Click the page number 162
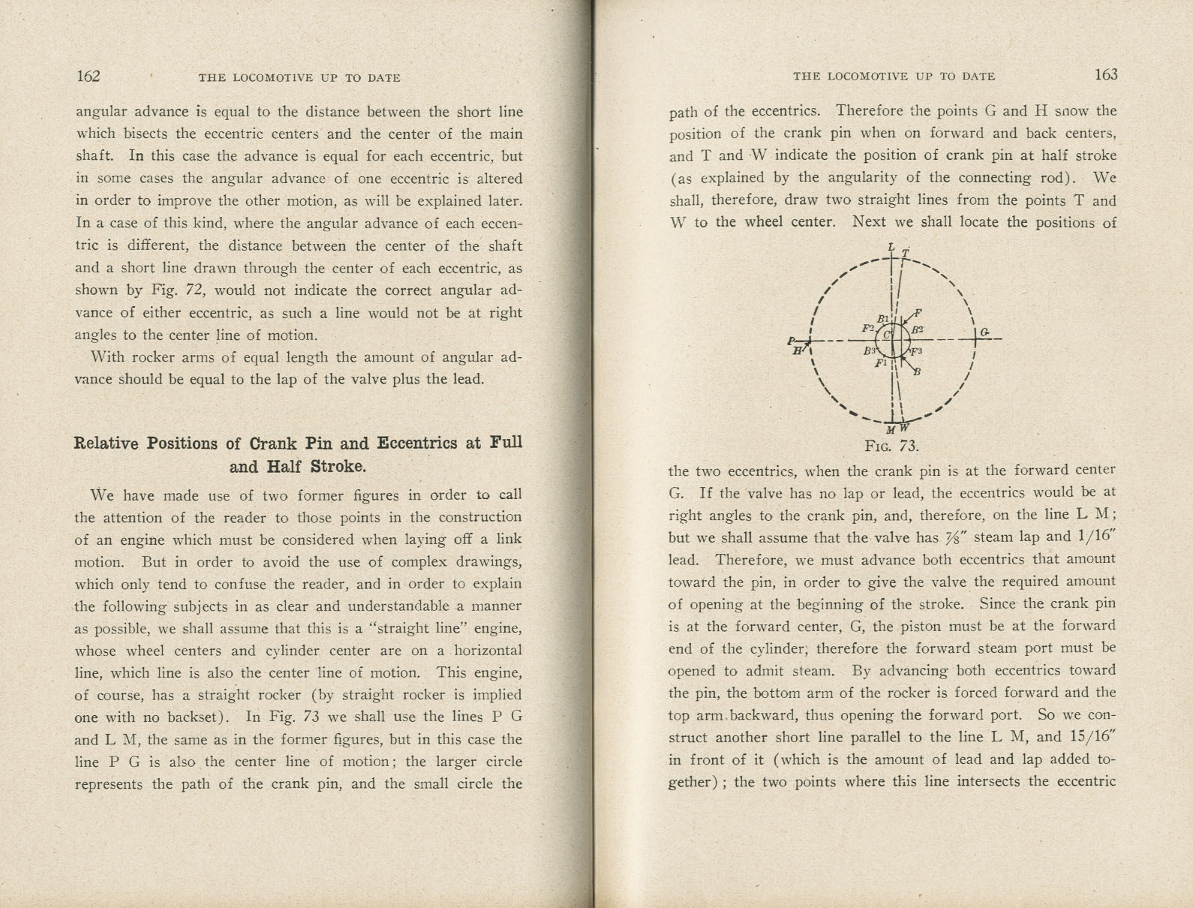tap(88, 77)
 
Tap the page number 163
tap(1105, 74)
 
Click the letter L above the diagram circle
tap(891, 247)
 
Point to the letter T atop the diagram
tap(906, 253)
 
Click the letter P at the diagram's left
tap(792, 341)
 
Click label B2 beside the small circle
tap(918, 329)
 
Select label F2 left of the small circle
tap(868, 328)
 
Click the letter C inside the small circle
tap(885, 335)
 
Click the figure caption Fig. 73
tap(891, 446)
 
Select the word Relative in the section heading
tap(106, 443)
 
